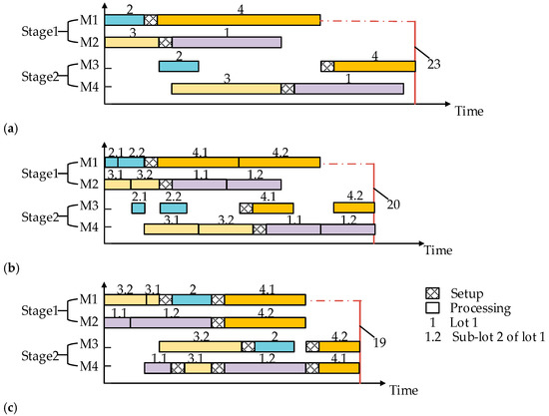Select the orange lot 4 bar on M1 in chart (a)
[239, 19]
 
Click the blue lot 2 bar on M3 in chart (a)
[179, 66]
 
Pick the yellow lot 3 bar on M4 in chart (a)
[226, 89]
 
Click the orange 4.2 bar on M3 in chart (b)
[353, 208]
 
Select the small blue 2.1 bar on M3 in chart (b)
[138, 208]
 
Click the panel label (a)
[10, 129]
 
